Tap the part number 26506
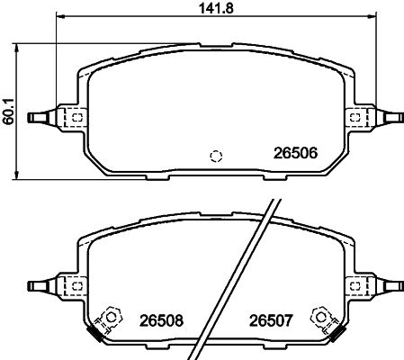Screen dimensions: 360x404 click(x=296, y=153)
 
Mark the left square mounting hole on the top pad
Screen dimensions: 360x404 click(x=77, y=117)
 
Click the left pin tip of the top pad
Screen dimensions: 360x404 click(x=33, y=117)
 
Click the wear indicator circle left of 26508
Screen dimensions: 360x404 click(x=112, y=316)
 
